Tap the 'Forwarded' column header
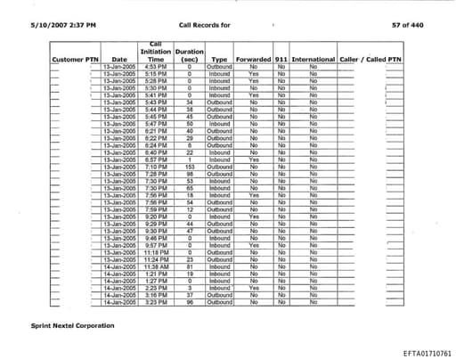click(254, 59)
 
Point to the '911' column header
click(281, 59)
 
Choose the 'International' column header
click(313, 59)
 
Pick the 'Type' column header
click(219, 59)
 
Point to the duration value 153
click(190, 166)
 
